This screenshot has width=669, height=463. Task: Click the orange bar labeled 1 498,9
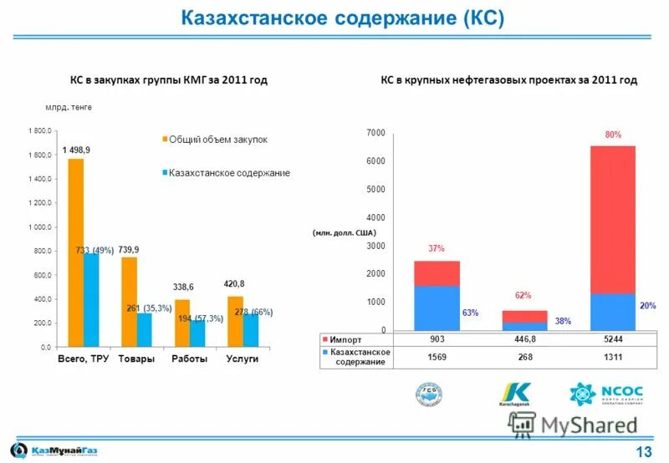(x=75, y=251)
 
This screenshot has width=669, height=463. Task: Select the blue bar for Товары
(x=144, y=328)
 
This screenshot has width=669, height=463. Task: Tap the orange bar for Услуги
(x=236, y=321)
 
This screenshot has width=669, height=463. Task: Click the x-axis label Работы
(x=189, y=359)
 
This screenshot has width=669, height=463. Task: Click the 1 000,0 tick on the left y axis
(x=39, y=227)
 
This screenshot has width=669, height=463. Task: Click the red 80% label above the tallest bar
(x=613, y=134)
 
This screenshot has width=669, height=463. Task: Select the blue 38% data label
(x=563, y=321)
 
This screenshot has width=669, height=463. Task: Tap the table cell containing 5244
(x=613, y=339)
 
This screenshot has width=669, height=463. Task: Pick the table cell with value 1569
(x=437, y=357)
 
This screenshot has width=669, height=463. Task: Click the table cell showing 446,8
(x=524, y=339)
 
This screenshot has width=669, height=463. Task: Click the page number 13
(x=644, y=452)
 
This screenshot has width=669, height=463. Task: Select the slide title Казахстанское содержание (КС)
(x=343, y=18)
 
